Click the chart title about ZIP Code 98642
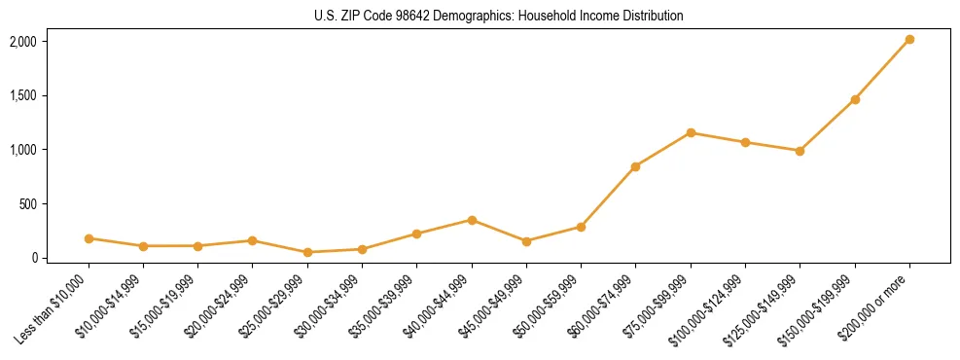pyautogui.click(x=499, y=16)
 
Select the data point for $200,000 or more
pyautogui.click(x=909, y=40)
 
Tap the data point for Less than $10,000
pyautogui.click(x=89, y=238)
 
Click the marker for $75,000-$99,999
pyautogui.click(x=691, y=132)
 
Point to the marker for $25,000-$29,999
pyautogui.click(x=307, y=252)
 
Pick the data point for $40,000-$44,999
pyautogui.click(x=472, y=220)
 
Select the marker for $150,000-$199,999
pyautogui.click(x=855, y=99)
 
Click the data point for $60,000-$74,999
pyautogui.click(x=635, y=166)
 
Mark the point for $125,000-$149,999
pyautogui.click(x=800, y=151)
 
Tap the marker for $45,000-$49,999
pyautogui.click(x=526, y=241)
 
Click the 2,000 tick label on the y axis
pyautogui.click(x=22, y=41)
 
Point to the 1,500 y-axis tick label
pyautogui.click(x=22, y=95)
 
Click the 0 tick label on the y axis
pyautogui.click(x=33, y=258)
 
